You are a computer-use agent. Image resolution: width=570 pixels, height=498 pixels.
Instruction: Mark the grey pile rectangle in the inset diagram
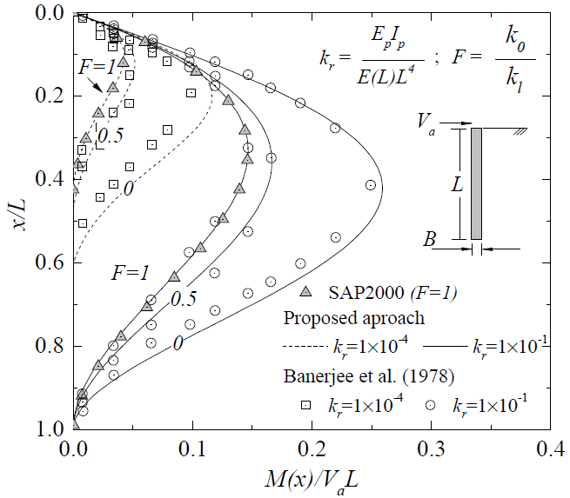pyautogui.click(x=476, y=183)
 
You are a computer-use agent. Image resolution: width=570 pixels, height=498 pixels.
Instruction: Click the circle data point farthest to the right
pyautogui.click(x=371, y=185)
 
